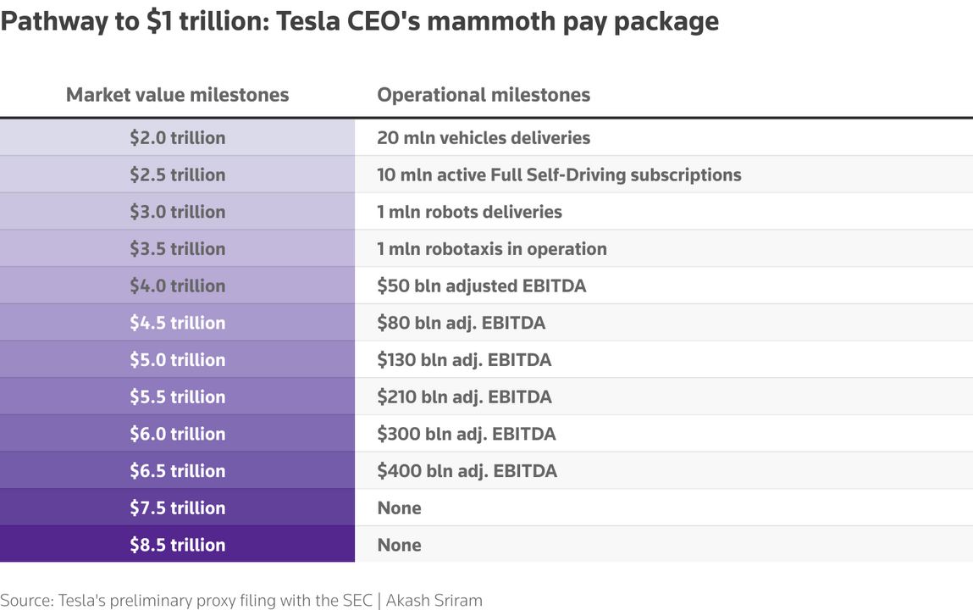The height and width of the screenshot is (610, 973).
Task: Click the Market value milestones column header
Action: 177,95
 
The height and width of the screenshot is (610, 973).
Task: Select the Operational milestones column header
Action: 484,95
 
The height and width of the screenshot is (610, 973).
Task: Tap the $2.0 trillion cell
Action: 177,138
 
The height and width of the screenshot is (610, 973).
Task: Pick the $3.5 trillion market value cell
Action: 177,249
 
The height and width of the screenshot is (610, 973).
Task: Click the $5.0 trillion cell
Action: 177,360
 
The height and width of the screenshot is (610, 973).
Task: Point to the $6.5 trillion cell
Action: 177,471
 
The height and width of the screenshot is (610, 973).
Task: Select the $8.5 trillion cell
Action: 177,545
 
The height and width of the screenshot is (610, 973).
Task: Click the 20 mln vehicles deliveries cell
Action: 484,138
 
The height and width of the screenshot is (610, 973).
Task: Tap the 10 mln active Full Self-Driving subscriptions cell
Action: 559,175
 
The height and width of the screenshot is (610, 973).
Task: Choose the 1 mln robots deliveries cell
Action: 469,212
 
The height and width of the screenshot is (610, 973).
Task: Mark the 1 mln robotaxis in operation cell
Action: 491,249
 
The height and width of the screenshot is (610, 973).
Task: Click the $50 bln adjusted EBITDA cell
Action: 481,286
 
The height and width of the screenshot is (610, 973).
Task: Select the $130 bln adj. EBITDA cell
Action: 464,360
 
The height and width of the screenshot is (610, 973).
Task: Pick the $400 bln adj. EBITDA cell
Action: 467,471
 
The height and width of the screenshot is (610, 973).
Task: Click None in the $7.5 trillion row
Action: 399,508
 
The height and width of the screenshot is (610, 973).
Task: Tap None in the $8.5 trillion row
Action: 399,545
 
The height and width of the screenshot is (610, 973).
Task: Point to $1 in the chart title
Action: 158,20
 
